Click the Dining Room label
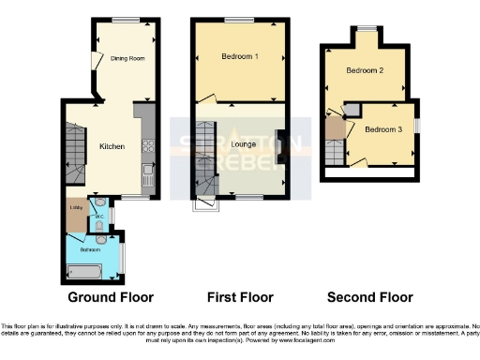point(125,58)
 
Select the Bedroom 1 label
point(240,57)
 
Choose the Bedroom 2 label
point(365,70)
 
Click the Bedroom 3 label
point(383,128)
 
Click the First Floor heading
point(240,297)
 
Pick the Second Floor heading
point(369,297)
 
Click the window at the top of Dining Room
point(125,20)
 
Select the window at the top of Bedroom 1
point(239,20)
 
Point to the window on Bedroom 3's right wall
point(418,126)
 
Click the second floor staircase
point(334,150)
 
